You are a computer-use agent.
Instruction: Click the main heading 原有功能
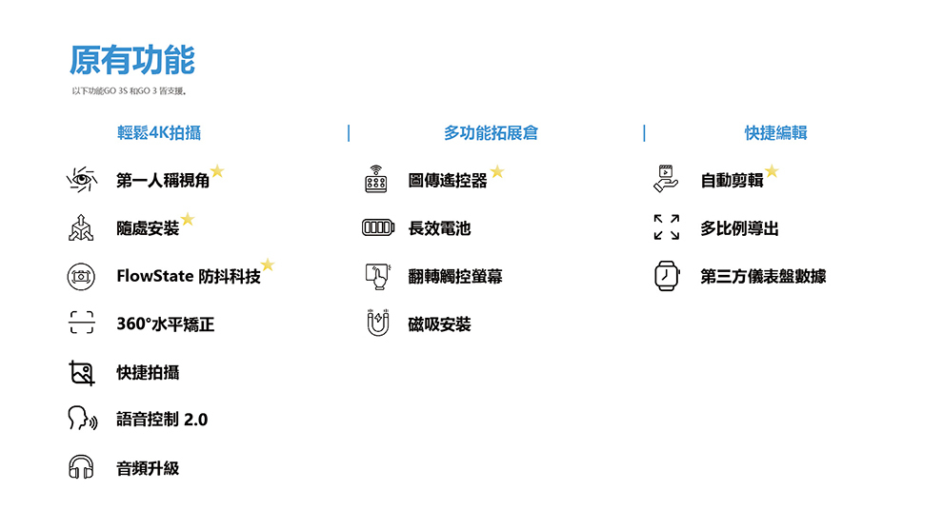point(132,60)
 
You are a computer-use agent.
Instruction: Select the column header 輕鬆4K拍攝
point(159,133)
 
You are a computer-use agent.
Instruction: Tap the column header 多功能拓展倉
point(491,133)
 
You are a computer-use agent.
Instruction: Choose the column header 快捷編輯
point(775,133)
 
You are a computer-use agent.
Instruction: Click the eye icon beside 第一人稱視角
point(82,180)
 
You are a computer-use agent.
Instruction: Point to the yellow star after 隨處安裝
point(188,219)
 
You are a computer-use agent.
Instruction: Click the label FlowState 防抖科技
point(189,276)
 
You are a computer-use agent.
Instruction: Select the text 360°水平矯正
point(166,324)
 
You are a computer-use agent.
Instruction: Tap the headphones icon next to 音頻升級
point(81,467)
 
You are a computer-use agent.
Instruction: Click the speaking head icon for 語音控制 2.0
point(82,419)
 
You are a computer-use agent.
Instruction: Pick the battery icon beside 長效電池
point(378,227)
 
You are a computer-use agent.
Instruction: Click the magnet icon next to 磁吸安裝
point(378,323)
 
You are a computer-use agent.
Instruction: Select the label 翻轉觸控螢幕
point(455,276)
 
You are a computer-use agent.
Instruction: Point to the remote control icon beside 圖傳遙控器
point(376,179)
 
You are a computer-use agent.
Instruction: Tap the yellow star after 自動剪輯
point(772,172)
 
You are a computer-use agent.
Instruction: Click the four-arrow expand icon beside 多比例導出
point(667,227)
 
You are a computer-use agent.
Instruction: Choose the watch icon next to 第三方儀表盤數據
point(667,276)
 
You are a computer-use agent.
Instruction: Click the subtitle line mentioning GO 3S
point(130,91)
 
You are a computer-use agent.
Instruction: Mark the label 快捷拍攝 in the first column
point(148,373)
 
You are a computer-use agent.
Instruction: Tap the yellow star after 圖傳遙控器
point(497,172)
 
